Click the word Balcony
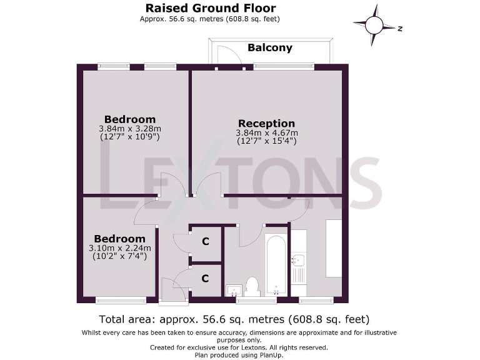[269, 47]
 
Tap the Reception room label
[266, 123]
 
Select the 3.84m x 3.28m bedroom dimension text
[129, 129]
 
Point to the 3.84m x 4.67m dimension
[266, 133]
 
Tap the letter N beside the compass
[399, 28]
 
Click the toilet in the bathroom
[252, 286]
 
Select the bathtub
[276, 264]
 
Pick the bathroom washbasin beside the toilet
[234, 289]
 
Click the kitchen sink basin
[298, 260]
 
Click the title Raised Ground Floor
[210, 8]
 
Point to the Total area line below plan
[234, 319]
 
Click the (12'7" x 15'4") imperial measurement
[266, 142]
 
